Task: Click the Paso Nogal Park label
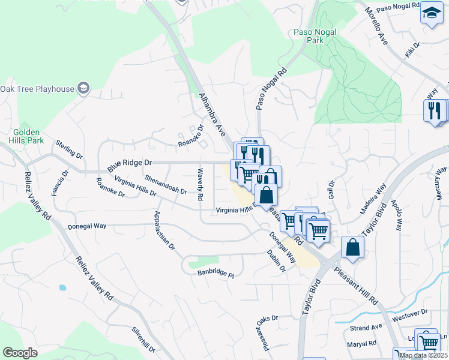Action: [x=314, y=36]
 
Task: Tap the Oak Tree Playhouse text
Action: [x=37, y=89]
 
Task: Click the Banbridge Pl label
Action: [x=215, y=273]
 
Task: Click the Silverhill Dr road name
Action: [x=144, y=339]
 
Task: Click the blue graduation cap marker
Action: [x=431, y=13]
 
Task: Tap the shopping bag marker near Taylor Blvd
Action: [x=353, y=246]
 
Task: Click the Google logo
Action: [x=20, y=353]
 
